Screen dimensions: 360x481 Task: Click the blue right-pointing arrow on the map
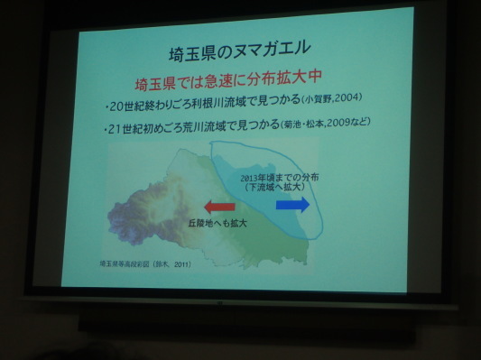tap(292, 205)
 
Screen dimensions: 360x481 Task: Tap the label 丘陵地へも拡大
tap(217, 221)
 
